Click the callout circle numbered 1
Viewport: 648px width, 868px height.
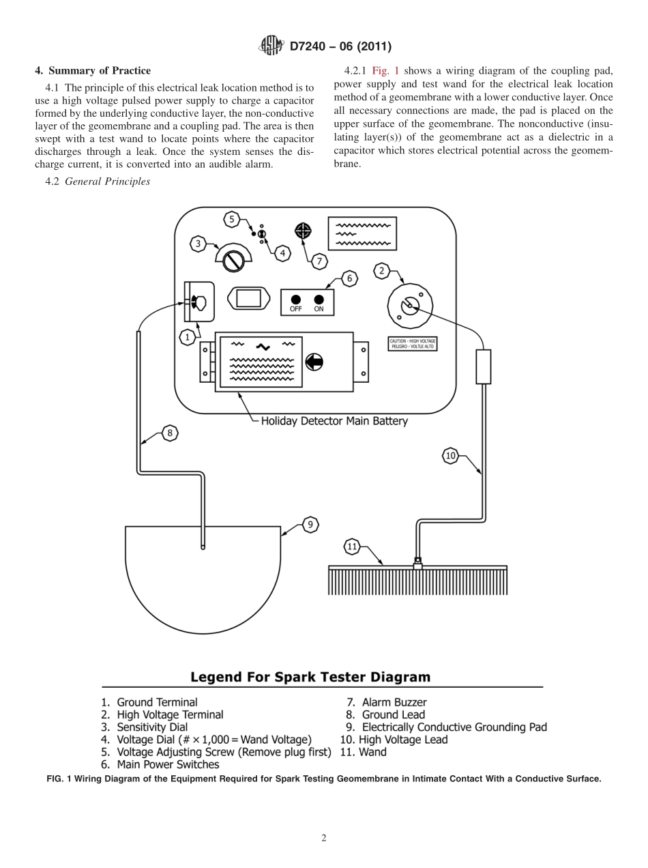187,337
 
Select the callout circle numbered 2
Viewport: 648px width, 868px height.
382,271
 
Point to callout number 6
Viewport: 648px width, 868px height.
349,278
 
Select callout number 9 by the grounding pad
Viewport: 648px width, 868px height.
310,524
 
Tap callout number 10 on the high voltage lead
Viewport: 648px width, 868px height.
450,456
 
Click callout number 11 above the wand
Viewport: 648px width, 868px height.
352,547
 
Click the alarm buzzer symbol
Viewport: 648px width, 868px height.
302,231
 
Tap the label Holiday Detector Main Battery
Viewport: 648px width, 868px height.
334,421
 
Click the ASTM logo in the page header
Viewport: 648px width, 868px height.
271,46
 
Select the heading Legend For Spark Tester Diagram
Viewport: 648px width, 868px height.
310,678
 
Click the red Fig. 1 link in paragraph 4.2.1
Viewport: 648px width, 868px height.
385,71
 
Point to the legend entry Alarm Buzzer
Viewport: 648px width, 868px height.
394,702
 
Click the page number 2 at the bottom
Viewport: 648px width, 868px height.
324,838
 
